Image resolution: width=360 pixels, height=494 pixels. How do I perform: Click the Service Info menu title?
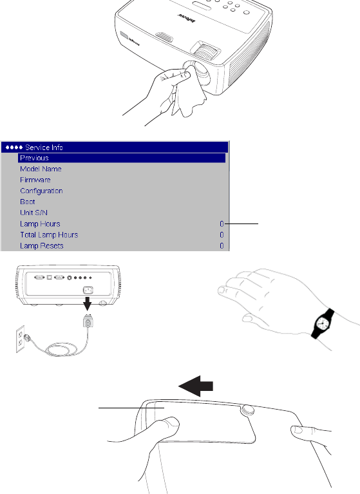tap(44, 147)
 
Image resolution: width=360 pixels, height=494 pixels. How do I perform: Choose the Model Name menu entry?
tap(41, 169)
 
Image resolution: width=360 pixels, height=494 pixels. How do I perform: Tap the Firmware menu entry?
tap(35, 180)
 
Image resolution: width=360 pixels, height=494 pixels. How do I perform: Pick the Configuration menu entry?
tap(41, 191)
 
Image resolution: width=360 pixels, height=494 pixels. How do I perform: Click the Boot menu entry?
tap(28, 202)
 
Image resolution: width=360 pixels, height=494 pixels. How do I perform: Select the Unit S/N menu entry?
tap(33, 213)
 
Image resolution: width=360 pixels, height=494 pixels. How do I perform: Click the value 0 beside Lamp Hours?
tap(222, 223)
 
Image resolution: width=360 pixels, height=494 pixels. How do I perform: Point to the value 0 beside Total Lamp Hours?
tap(222, 234)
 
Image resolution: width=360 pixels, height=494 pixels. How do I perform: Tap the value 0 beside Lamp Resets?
tap(222, 246)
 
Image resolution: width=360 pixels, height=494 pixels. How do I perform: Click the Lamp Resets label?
tap(42, 246)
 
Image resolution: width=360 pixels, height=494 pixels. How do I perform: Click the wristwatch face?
tap(322, 323)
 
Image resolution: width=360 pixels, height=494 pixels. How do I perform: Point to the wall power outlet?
tap(21, 339)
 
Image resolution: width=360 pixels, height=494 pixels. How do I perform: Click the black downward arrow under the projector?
tap(87, 303)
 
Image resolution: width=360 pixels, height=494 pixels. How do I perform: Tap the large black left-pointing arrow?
tap(196, 386)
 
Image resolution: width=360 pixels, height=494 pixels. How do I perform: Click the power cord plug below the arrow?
tap(88, 321)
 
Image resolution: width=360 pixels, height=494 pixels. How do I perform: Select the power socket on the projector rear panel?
tap(88, 290)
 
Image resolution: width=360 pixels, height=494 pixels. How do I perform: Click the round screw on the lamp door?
tap(247, 410)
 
